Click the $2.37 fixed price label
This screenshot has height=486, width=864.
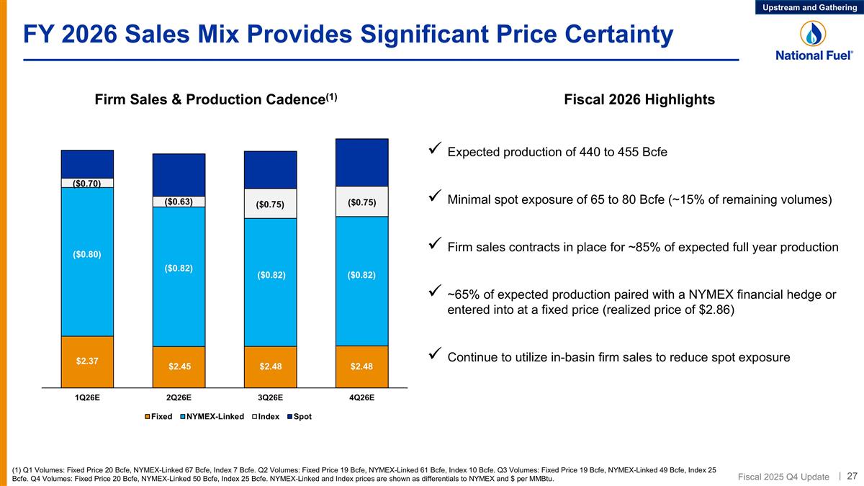pyautogui.click(x=87, y=361)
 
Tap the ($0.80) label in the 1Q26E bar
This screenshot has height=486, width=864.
pyautogui.click(x=87, y=254)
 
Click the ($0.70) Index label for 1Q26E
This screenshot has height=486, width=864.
pyautogui.click(x=87, y=183)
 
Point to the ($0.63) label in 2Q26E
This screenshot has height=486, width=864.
pyautogui.click(x=179, y=202)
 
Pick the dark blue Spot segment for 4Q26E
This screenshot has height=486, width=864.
pyautogui.click(x=361, y=163)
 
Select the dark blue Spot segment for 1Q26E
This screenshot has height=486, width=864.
pyautogui.click(x=87, y=163)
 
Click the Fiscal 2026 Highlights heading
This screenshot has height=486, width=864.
pyautogui.click(x=639, y=100)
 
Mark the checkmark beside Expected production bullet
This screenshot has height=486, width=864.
pyautogui.click(x=434, y=151)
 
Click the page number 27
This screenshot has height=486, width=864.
pyautogui.click(x=852, y=476)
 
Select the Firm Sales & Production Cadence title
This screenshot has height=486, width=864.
pyautogui.click(x=216, y=100)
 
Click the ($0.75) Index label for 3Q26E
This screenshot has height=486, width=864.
pyautogui.click(x=270, y=204)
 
